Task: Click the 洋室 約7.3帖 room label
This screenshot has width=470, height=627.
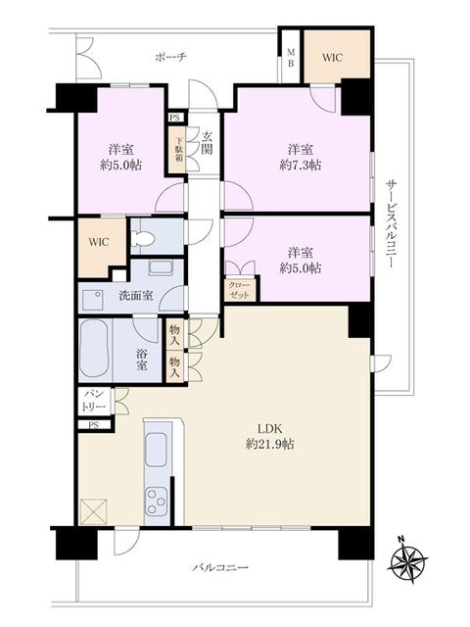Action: click(x=301, y=157)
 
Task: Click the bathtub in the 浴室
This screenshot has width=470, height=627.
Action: click(x=97, y=349)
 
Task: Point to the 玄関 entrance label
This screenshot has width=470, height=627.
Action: click(x=207, y=143)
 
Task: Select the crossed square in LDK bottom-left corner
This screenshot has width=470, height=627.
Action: click(x=96, y=511)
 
